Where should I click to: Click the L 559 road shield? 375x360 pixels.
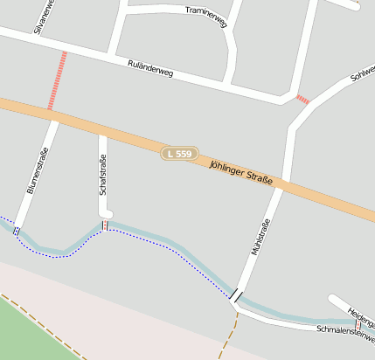point(178,154)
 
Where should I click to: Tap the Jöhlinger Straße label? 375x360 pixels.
point(241,172)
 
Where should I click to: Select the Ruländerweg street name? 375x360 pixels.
point(150,69)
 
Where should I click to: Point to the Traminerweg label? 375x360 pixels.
point(206,16)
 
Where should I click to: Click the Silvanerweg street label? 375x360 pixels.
point(41,16)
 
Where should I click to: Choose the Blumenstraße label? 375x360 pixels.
point(37,173)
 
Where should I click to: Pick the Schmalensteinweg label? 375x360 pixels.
point(344,333)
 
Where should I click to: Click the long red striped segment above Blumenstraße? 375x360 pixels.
point(57,80)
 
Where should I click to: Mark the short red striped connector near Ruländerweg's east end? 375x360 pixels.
point(302,100)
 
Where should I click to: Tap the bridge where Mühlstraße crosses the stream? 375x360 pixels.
point(236,295)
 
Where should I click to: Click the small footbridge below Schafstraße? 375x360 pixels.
point(106,225)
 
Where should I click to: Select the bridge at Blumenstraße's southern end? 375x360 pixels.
point(17,231)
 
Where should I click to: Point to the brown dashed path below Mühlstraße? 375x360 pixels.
point(229,336)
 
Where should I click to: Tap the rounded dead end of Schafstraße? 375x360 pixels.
point(106,212)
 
